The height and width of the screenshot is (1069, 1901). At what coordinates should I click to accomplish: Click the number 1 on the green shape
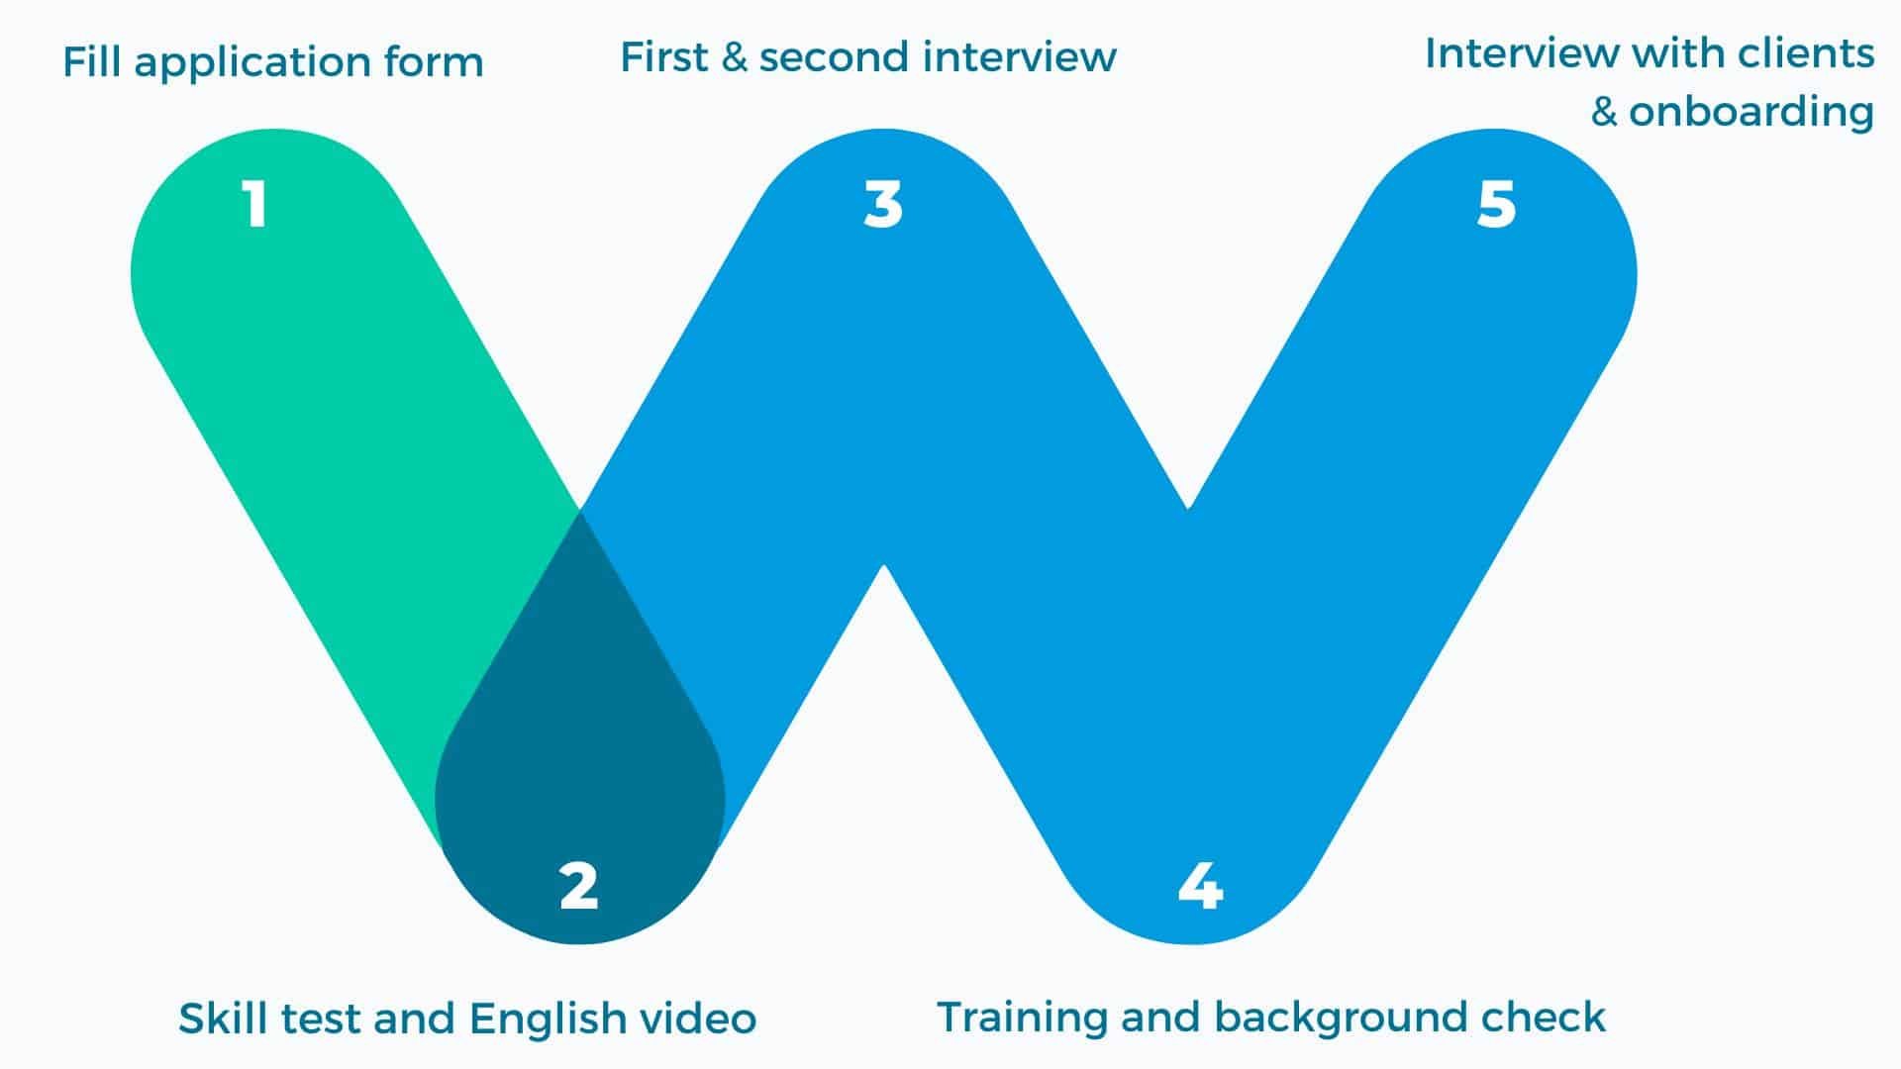[x=255, y=205]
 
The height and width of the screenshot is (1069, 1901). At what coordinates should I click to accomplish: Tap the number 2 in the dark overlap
[x=579, y=886]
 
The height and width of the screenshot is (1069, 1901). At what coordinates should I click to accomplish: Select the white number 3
[x=883, y=205]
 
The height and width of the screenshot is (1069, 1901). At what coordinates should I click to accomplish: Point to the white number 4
[x=1200, y=886]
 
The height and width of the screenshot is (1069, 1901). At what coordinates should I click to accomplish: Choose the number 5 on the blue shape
[x=1496, y=205]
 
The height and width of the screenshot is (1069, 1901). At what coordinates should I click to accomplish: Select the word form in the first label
[x=438, y=62]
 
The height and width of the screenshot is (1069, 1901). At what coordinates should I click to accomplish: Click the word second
[x=834, y=57]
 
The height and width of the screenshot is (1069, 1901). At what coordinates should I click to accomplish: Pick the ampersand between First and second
[x=734, y=57]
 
